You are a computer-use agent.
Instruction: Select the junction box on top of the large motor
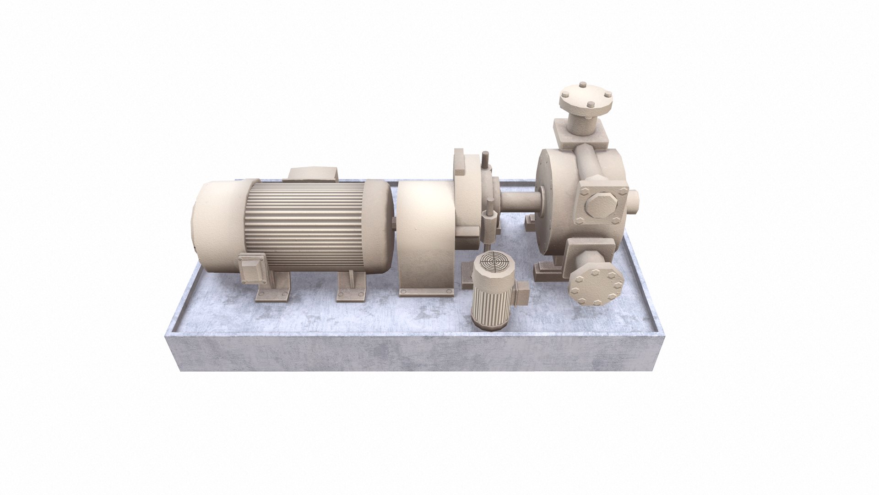coord(313,174)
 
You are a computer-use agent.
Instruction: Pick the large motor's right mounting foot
coord(352,289)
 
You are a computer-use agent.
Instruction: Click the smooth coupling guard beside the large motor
coord(423,234)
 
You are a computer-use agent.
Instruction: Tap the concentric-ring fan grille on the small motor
coord(493,265)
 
